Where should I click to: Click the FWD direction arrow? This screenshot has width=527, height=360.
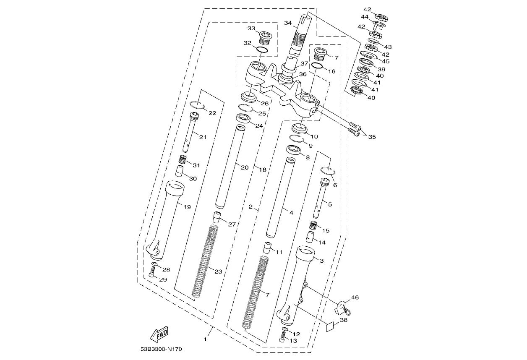pos(159,334)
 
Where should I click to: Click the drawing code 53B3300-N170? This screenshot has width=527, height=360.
pos(162,349)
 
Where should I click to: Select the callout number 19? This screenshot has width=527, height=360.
pos(187,206)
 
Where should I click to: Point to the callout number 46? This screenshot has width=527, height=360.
pos(355,297)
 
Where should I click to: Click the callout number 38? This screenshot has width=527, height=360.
pos(344,320)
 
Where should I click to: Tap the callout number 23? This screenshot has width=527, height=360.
pos(218,271)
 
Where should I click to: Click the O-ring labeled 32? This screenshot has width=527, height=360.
pos(262,50)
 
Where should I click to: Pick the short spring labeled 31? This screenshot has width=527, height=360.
pos(183,159)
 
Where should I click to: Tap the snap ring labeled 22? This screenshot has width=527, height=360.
pos(198,105)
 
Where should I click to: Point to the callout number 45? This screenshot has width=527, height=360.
pos(385,61)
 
